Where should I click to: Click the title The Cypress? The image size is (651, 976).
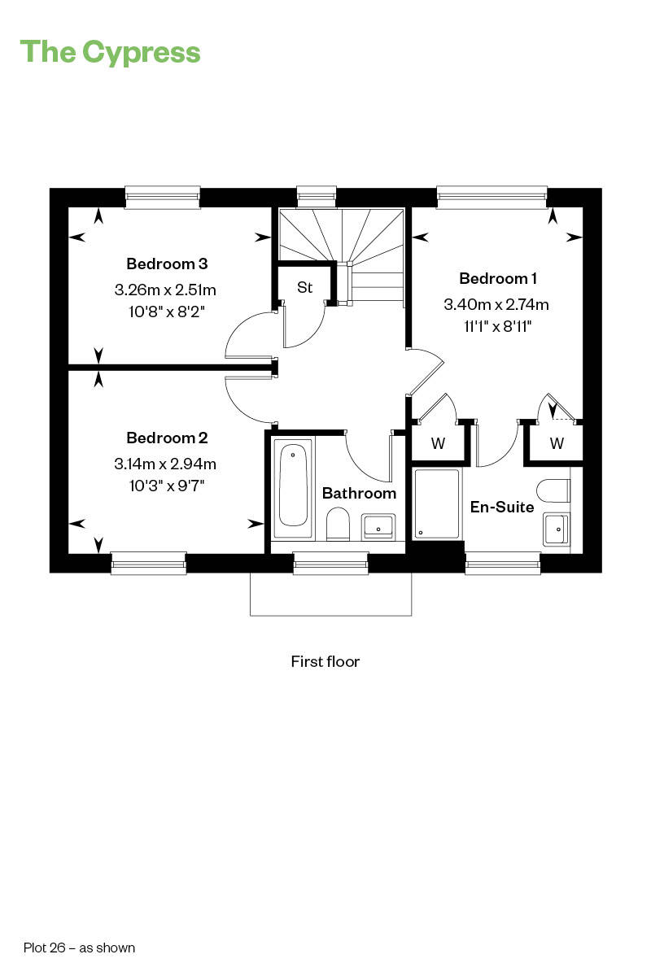pos(110,53)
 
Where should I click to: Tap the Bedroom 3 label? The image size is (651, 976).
pos(167,264)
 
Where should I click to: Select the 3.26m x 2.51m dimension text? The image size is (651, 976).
pos(165,290)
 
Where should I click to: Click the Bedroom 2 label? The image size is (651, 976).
pos(167,438)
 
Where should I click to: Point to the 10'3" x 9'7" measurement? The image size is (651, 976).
pos(167,486)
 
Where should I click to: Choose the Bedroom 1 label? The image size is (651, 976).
pos(498,278)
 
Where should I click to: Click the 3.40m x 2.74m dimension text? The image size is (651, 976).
pos(496,304)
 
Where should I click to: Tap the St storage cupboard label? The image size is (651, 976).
pos(305,288)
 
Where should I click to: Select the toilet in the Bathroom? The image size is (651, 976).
pos(338,524)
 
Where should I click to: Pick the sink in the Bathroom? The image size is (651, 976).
pos(378,526)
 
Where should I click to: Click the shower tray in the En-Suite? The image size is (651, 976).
pos(437,503)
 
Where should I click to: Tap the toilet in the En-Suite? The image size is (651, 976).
pos(554,491)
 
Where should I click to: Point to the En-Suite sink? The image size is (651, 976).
pos(557,529)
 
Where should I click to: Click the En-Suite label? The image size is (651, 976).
pos(502,508)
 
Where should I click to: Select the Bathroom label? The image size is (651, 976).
pos(360,493)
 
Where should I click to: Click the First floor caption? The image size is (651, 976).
pos(325,661)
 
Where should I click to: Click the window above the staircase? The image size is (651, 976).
pos(317,196)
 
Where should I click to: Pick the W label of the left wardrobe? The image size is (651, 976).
pos(439,443)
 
